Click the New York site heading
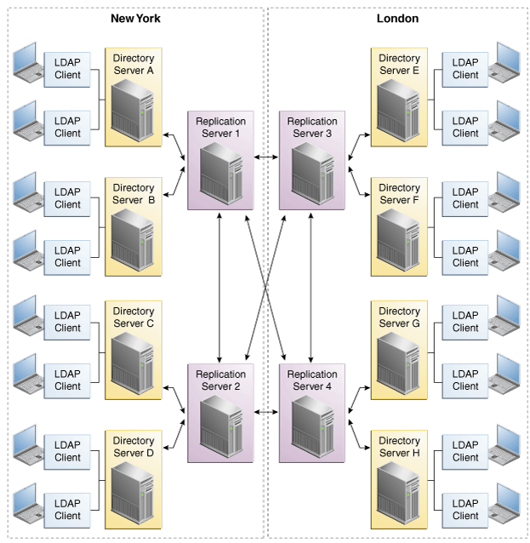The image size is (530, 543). pos(135,18)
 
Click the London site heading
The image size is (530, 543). pos(397,18)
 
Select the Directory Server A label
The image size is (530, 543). pos(133,65)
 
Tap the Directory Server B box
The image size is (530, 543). pos(133,226)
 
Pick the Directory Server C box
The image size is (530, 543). pos(133,349)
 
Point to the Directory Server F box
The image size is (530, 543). pos(399,226)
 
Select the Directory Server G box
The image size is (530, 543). pos(399,349)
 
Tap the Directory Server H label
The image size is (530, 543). pos(399,447)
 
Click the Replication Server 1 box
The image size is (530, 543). pos(220,159)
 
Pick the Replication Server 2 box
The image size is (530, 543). pos(220,413)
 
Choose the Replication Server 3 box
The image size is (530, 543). pos(312,159)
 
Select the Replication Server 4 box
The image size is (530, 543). pos(312,413)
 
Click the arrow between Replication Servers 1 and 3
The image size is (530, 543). pos(266,157)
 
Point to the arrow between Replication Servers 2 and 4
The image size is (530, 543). pos(266,412)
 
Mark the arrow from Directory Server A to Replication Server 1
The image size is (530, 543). pos(176,144)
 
